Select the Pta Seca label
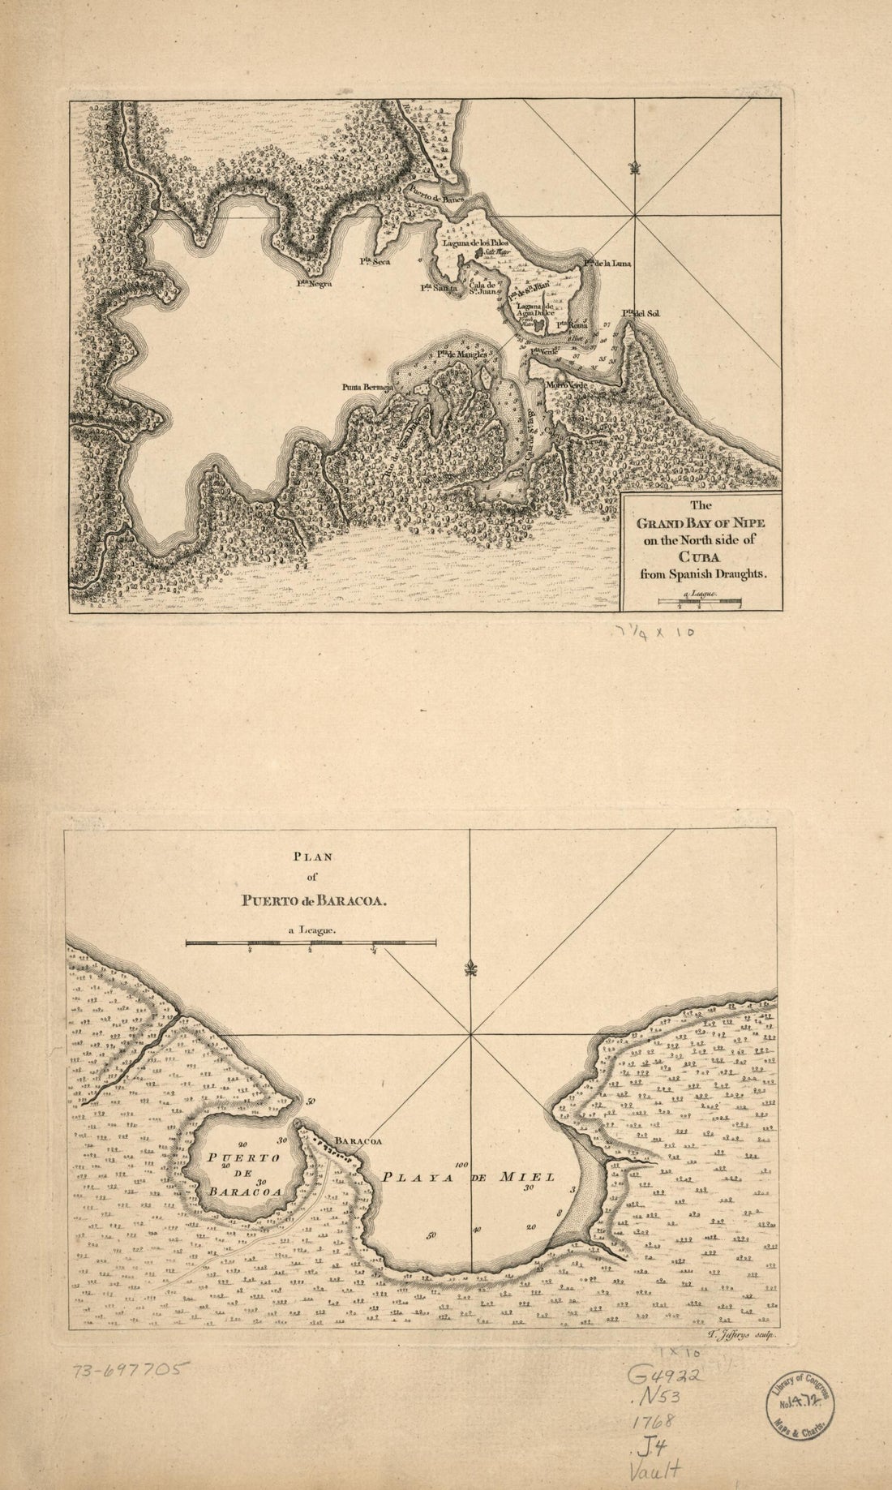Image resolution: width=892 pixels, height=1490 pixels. click(x=375, y=261)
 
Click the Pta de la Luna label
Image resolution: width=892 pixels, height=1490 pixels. click(x=601, y=264)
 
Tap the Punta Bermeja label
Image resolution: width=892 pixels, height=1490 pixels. click(x=367, y=388)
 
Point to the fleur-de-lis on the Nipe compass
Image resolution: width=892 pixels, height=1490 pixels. click(x=634, y=169)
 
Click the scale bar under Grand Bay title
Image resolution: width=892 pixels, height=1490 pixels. click(x=701, y=601)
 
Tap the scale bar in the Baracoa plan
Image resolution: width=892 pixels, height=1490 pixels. click(x=311, y=943)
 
